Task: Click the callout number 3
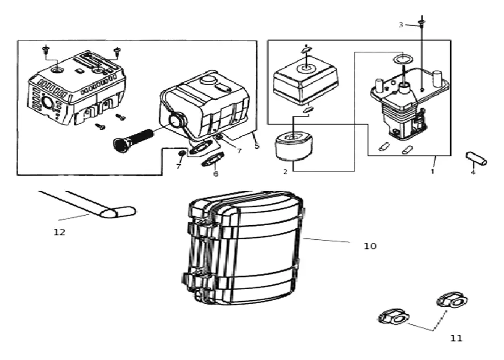coord(400,25)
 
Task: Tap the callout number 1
coord(433,171)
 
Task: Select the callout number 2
coord(285,172)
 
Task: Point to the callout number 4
coord(473,172)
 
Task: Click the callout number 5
coord(257,146)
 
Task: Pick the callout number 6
coord(216,174)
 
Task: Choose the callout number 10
coord(370,246)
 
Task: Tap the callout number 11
coord(456,338)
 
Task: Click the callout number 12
coord(59,232)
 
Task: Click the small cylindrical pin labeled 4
coord(476,158)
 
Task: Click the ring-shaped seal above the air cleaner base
coord(402,59)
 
